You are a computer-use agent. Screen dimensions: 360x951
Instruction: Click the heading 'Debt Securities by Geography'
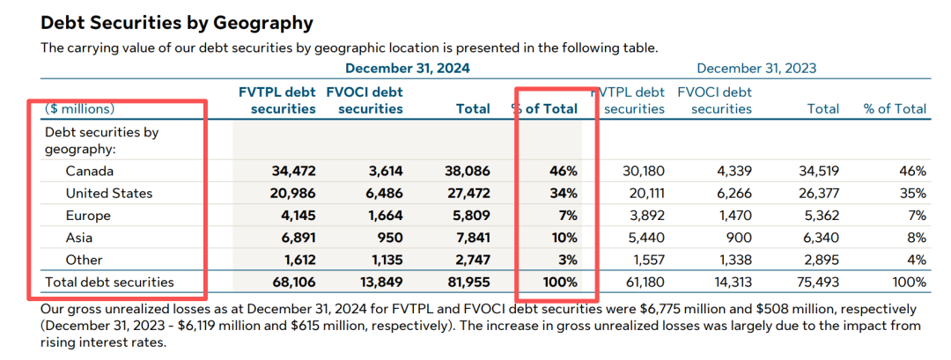(x=177, y=23)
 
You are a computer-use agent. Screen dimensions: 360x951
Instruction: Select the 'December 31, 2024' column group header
(x=407, y=68)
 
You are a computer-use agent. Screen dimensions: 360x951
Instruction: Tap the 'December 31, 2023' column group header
(x=756, y=68)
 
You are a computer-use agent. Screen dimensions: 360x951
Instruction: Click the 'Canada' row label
(x=90, y=171)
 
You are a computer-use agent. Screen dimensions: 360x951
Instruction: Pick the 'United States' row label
(x=109, y=193)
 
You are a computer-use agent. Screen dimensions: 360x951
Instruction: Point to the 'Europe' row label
(x=89, y=215)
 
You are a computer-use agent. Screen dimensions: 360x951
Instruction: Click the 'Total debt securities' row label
(x=110, y=282)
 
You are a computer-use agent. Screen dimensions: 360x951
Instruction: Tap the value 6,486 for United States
(x=383, y=193)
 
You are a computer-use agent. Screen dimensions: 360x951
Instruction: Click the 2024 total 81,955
(x=468, y=283)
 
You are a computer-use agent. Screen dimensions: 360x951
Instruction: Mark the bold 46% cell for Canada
(x=564, y=171)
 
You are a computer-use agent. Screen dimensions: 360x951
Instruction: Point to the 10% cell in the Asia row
(x=564, y=238)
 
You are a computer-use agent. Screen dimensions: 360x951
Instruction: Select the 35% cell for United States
(x=912, y=193)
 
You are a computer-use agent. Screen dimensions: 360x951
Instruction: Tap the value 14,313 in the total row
(x=729, y=283)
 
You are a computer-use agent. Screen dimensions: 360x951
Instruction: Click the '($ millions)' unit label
(x=79, y=109)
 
